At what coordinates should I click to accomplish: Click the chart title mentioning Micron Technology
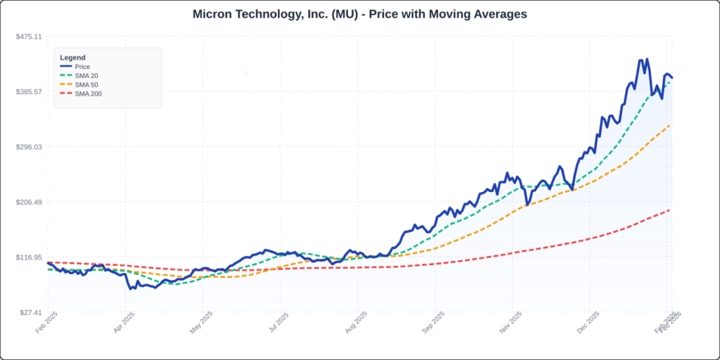pos(359,14)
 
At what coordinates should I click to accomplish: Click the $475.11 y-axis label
pos(30,37)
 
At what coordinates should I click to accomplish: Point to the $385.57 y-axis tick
pos(30,91)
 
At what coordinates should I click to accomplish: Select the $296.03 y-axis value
pos(30,147)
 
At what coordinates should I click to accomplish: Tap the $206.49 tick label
pos(30,202)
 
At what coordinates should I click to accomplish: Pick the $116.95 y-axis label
pos(30,257)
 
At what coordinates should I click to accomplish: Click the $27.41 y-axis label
pos(31,313)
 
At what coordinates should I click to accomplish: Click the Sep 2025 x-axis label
pos(434,325)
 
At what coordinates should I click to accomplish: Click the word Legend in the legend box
pos(72,57)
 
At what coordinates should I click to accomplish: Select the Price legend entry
pos(82,67)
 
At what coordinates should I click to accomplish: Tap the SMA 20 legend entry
pos(86,76)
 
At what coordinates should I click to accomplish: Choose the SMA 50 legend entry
pos(86,85)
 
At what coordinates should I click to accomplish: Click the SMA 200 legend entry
pos(88,94)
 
